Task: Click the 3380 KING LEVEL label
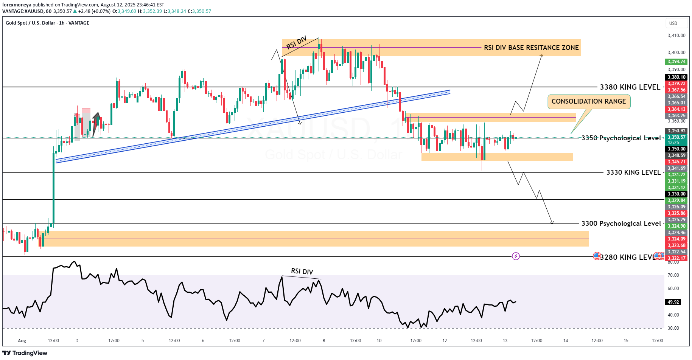pos(630,87)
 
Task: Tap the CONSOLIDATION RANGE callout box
pos(589,101)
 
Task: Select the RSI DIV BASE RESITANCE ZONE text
pos(531,48)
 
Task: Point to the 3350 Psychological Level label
pos(621,138)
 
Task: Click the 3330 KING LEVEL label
pos(633,172)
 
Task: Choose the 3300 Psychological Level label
pos(621,223)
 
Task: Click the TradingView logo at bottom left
pos(25,353)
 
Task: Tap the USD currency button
pos(673,23)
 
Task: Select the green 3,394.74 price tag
pos(676,62)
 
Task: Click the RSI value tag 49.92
pos(673,302)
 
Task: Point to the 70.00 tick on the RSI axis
pos(673,275)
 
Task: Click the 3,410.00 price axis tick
pos(676,36)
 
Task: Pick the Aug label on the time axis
pos(22,341)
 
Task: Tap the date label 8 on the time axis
pos(324,341)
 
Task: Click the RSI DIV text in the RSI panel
pos(302,272)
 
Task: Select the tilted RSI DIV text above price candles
pos(296,43)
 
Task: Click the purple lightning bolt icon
pos(516,256)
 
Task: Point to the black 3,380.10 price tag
pos(676,77)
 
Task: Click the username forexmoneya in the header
pos(17,5)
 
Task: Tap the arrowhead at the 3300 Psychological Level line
pos(552,223)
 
